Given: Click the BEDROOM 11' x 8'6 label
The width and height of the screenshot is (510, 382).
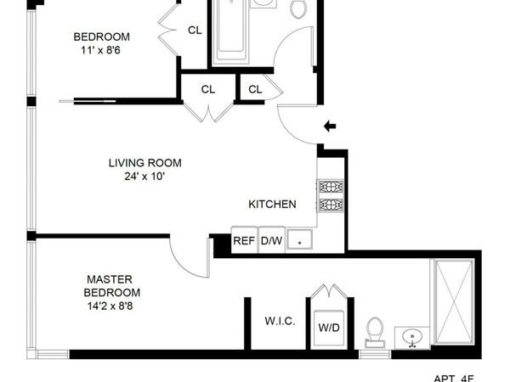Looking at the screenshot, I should coord(101,43).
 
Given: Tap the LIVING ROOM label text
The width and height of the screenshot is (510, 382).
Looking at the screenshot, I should coord(144,163).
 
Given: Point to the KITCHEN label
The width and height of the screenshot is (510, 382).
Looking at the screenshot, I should coord(272,205).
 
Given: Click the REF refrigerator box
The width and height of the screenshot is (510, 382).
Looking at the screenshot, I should coord(244,241).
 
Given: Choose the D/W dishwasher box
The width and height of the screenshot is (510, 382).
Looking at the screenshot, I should coord(271,241).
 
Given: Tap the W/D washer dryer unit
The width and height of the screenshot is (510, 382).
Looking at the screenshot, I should coord(328,327).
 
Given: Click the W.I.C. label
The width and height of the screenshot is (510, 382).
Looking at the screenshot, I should coord(280,322).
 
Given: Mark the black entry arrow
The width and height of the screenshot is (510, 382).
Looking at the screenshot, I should coord(330,126).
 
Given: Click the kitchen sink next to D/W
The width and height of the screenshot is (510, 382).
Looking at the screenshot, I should coord(298,241).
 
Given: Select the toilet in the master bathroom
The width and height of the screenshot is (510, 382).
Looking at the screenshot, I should coord(375,330).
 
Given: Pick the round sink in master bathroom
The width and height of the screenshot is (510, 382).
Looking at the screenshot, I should coord(414,334).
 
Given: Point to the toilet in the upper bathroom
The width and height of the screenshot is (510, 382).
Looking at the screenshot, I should coord(298,8).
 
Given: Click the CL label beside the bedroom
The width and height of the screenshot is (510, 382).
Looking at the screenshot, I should coord(195,31).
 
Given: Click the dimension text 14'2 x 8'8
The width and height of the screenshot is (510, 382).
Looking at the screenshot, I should coord(108,306).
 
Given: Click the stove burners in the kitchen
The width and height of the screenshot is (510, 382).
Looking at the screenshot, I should coord(330,195).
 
